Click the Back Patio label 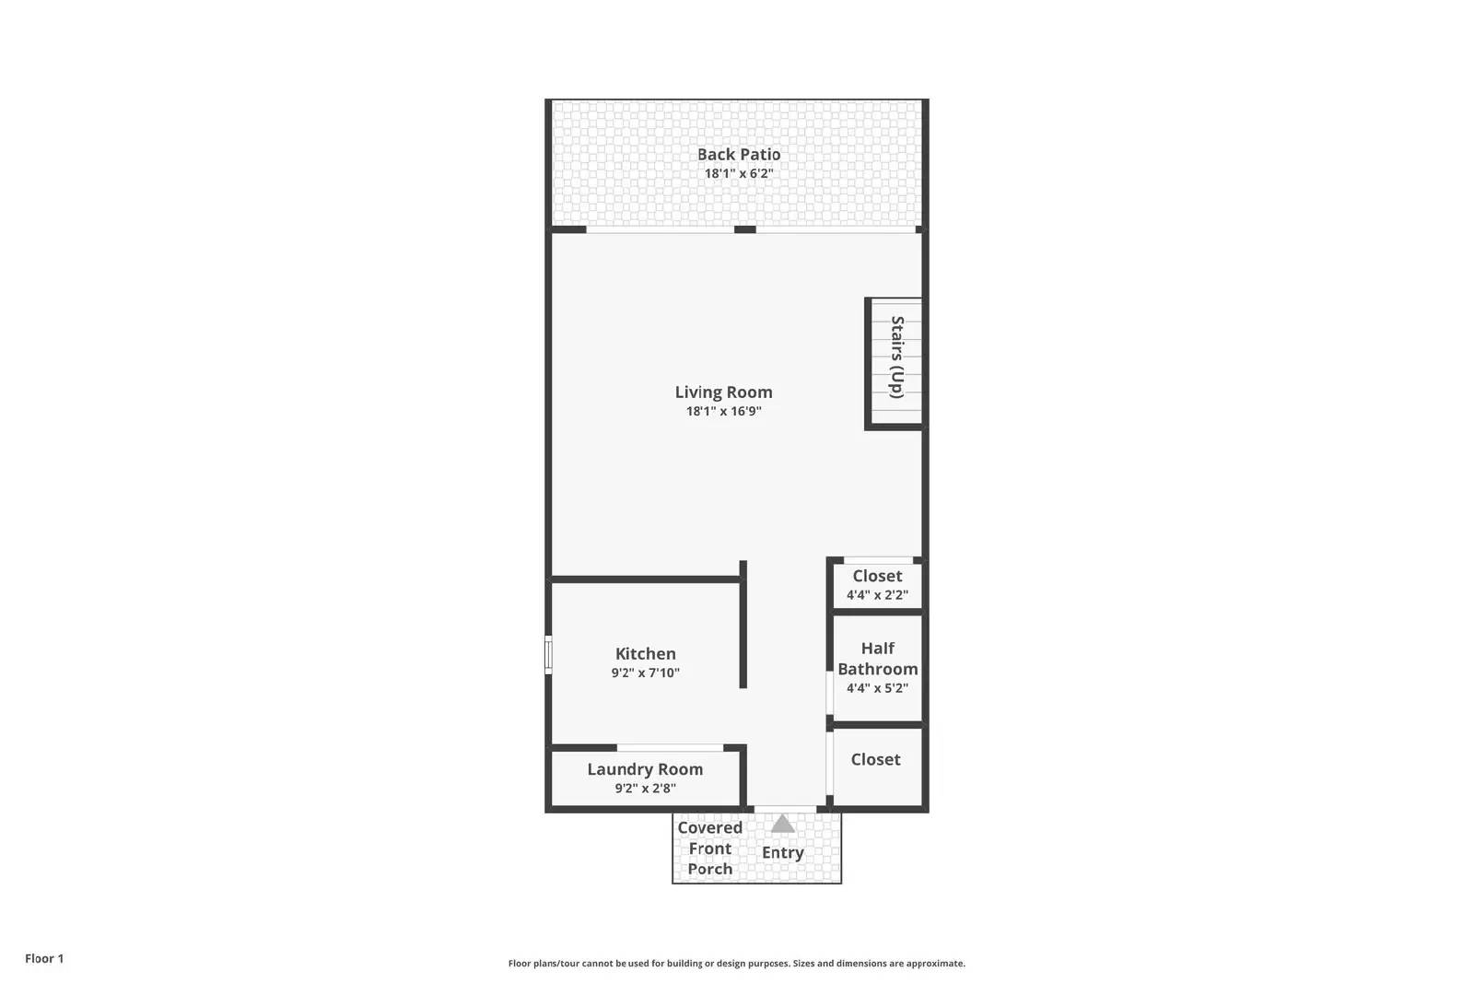click(x=738, y=155)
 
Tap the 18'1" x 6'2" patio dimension click(x=738, y=173)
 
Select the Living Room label click(x=723, y=392)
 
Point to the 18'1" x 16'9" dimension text click(x=723, y=411)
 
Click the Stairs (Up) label click(x=896, y=357)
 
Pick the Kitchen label click(x=645, y=654)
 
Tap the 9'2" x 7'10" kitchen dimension click(x=645, y=673)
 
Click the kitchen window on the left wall click(x=548, y=655)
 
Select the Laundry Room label click(x=645, y=769)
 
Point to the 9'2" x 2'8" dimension click(x=645, y=789)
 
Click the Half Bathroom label click(x=877, y=659)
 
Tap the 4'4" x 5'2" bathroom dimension click(x=877, y=688)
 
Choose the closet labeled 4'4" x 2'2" click(x=877, y=585)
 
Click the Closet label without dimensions click(x=875, y=760)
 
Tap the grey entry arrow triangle click(x=782, y=824)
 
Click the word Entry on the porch click(x=782, y=853)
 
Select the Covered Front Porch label click(x=709, y=848)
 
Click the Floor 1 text click(x=44, y=959)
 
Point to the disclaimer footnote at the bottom click(x=736, y=964)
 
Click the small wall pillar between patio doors click(x=745, y=229)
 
